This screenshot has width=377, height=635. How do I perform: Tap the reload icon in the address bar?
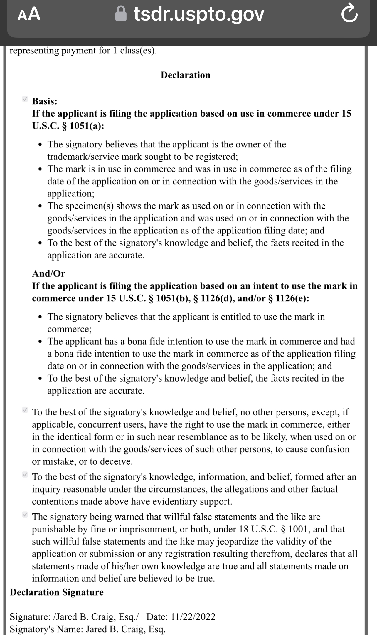click(x=350, y=15)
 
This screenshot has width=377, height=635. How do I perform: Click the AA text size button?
click(x=29, y=14)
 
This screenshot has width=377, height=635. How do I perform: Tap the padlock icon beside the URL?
click(x=121, y=14)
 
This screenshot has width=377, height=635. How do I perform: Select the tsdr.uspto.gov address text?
click(x=199, y=14)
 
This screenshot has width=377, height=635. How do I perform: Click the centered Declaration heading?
click(x=186, y=75)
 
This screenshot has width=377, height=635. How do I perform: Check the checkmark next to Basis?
click(x=25, y=99)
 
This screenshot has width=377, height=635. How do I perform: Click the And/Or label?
click(x=48, y=273)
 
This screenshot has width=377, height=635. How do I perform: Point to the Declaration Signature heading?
click(x=57, y=592)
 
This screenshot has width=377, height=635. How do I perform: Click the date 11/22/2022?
click(x=193, y=617)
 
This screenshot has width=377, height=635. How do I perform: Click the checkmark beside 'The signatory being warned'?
click(x=25, y=515)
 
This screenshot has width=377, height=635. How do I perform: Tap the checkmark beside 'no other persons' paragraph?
click(x=25, y=410)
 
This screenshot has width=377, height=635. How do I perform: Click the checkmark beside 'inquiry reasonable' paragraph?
click(x=25, y=475)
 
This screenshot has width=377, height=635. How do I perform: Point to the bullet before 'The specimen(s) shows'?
click(x=41, y=206)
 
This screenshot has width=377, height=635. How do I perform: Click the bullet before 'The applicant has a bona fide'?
click(x=41, y=342)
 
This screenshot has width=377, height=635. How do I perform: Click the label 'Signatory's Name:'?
click(x=46, y=629)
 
